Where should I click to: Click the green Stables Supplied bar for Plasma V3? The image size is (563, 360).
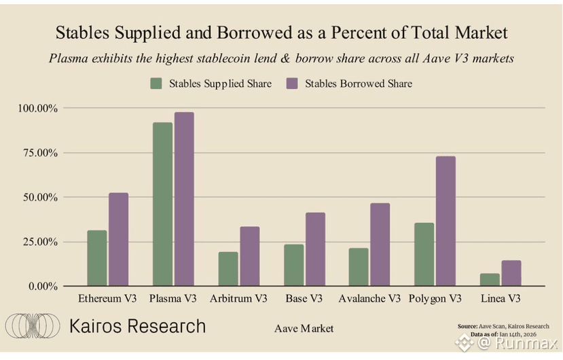coord(162,204)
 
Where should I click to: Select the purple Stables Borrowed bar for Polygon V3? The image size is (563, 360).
coord(446,221)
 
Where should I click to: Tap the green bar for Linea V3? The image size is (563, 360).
coord(490,280)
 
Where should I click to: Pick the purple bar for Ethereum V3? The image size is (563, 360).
coord(118,239)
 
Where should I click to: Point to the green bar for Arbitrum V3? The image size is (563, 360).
coord(228,269)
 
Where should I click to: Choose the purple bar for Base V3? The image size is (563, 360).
coord(315,249)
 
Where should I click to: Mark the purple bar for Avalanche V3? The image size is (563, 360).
coord(380,245)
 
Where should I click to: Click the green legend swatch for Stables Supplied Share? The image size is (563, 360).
coord(156,84)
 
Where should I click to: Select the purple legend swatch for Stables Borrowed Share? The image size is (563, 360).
coord(292,84)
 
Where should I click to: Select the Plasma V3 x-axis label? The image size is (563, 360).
coord(173,299)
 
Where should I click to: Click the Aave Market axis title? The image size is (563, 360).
coord(304,328)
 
